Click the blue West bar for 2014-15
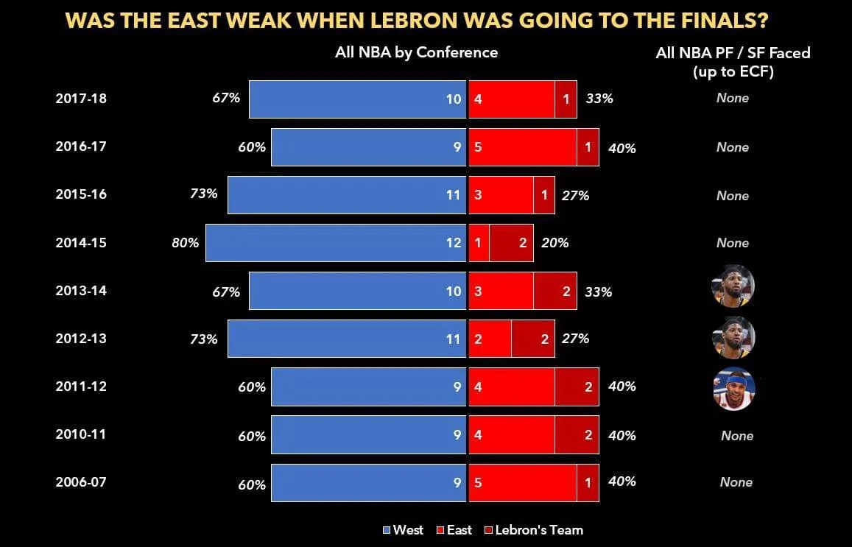335,243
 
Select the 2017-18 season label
81,98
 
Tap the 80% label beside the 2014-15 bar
186,242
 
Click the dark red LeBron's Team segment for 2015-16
543,195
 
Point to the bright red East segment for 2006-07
522,483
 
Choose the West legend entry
403,530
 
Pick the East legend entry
454,530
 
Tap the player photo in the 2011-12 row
733,388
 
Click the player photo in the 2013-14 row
733,286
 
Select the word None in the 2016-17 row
733,147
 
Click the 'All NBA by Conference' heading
416,52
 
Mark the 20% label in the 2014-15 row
554,242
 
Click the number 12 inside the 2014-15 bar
453,243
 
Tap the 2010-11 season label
81,434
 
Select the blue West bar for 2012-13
346,339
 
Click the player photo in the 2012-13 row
733,337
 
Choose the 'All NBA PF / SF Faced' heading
733,53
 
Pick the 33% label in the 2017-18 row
599,98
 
